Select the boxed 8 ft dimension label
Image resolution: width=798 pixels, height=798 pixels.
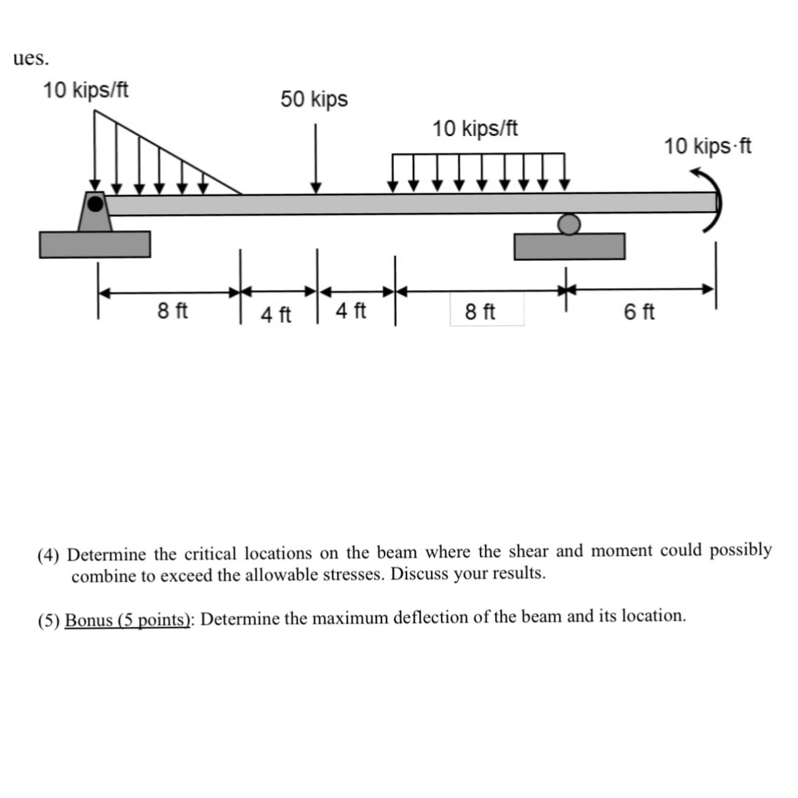click(x=480, y=312)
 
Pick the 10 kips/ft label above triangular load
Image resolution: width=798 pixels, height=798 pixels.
click(x=86, y=90)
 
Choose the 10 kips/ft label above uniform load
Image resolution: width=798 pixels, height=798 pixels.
click(x=475, y=129)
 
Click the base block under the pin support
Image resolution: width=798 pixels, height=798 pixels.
click(x=95, y=245)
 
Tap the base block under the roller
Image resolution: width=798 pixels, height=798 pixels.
click(x=569, y=247)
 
